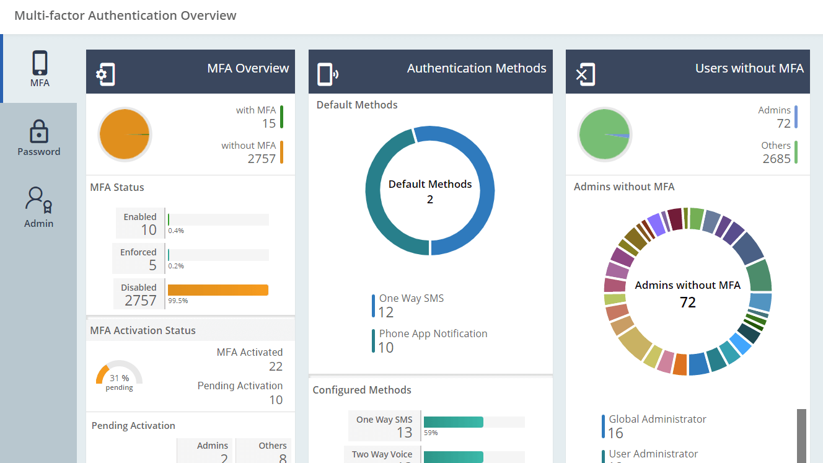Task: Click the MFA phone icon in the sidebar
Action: tap(40, 64)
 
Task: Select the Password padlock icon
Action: tap(38, 131)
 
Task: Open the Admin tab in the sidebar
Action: tap(38, 207)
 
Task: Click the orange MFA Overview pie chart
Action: tap(124, 134)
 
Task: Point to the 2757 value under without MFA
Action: tap(261, 159)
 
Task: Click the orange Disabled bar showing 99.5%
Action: tap(218, 290)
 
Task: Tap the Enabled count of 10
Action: tap(149, 230)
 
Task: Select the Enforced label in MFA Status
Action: tap(138, 252)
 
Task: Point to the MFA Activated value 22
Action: tap(276, 366)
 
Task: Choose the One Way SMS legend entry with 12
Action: tap(411, 305)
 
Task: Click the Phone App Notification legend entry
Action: tap(433, 340)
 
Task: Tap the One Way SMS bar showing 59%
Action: tap(453, 422)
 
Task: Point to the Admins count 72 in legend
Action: tap(783, 123)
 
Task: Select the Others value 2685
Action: tap(777, 159)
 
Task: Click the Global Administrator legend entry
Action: tap(657, 426)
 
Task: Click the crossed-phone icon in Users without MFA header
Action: tap(586, 74)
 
